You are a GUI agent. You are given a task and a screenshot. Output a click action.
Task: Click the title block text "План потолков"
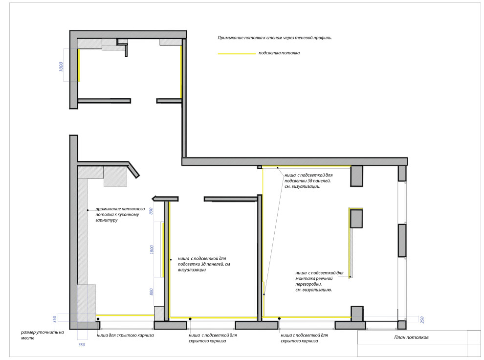click(411, 337)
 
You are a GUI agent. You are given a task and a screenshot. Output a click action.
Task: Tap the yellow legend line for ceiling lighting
click(237, 54)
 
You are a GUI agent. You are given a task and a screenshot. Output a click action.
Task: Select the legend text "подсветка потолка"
click(279, 53)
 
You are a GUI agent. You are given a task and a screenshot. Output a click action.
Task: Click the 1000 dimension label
click(61, 67)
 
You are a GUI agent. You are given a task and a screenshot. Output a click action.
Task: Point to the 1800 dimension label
click(152, 250)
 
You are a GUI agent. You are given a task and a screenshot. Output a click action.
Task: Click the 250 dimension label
click(422, 320)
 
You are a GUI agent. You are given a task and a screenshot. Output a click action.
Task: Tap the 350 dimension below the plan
click(82, 344)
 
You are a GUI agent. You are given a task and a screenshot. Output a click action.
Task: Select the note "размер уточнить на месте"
click(42, 335)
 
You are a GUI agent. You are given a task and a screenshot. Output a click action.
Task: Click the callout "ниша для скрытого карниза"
click(125, 335)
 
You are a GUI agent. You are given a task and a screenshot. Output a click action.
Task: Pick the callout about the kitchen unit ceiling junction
click(120, 215)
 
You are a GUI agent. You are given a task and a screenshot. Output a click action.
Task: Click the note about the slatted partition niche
click(319, 281)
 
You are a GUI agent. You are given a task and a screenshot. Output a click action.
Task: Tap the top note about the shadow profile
click(275, 38)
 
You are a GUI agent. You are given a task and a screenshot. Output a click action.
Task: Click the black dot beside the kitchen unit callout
click(88, 210)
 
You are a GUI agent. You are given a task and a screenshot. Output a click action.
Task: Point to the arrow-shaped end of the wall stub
click(154, 199)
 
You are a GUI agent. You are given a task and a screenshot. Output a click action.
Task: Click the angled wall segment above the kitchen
click(133, 170)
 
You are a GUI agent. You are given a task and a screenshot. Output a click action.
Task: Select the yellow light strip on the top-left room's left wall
click(79, 65)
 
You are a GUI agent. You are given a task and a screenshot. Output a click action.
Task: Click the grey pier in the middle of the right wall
click(402, 241)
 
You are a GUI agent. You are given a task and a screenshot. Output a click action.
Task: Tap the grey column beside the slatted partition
click(356, 219)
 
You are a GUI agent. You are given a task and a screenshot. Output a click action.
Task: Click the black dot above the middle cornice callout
click(190, 319)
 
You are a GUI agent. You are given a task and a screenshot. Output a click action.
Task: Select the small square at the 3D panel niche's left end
click(260, 167)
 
